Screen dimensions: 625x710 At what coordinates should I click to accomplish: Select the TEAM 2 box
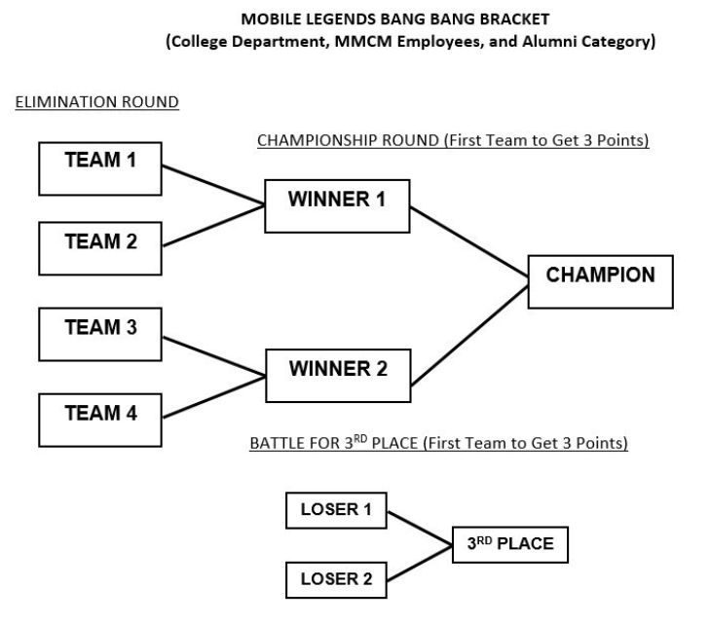[x=98, y=246]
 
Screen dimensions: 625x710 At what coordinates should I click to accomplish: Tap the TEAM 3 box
[x=98, y=332]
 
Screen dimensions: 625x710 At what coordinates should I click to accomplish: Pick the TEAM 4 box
[x=98, y=417]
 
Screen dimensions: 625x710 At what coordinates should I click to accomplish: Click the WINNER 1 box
[x=337, y=205]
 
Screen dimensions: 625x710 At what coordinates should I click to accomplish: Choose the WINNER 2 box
[x=337, y=375]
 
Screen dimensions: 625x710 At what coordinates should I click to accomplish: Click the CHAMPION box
[x=600, y=280]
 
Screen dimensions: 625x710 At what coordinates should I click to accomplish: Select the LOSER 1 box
[x=336, y=509]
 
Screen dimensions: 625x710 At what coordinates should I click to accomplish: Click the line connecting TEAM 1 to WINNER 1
[x=212, y=185]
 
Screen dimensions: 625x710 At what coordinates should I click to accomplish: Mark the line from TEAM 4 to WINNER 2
[x=212, y=397]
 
